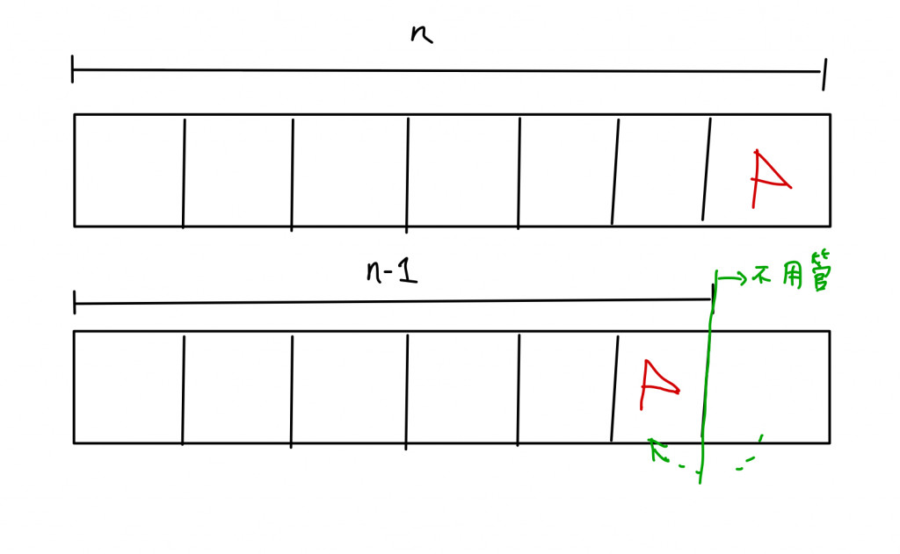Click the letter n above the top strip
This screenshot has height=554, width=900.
tap(422, 35)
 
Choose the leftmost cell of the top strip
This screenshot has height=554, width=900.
tap(128, 170)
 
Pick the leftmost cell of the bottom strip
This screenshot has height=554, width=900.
tap(128, 387)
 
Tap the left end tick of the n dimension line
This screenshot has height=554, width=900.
tap(73, 69)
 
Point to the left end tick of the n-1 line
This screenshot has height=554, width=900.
tap(76, 304)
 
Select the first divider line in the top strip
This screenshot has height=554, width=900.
tap(184, 173)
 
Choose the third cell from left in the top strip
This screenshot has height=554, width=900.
tap(350, 170)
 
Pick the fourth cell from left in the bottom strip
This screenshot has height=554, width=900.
tap(462, 387)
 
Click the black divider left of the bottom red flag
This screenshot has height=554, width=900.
tap(614, 387)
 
